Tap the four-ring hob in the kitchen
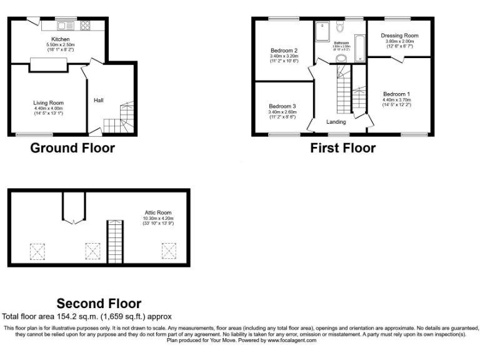(84, 26)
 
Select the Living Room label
(48, 103)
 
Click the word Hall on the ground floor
(99, 100)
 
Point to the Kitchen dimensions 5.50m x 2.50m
(61, 45)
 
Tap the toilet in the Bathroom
(340, 27)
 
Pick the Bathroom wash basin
(341, 58)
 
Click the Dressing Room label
(399, 36)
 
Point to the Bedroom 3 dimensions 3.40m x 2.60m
(282, 112)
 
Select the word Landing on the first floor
(336, 121)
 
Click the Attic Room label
(157, 212)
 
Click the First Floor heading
(342, 148)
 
